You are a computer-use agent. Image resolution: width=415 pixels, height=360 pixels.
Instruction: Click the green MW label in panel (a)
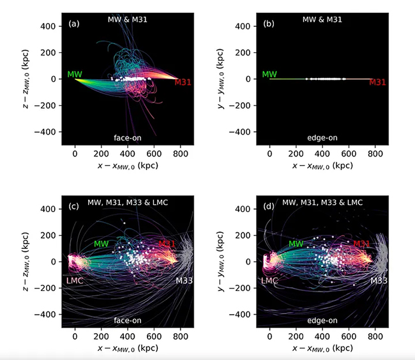pos(74,75)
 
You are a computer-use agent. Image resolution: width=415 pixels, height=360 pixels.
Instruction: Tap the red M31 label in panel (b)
pos(378,82)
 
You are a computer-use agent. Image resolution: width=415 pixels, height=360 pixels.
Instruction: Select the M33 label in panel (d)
pos(380,280)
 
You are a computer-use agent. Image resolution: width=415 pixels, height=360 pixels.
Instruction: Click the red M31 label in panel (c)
pos(167,244)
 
